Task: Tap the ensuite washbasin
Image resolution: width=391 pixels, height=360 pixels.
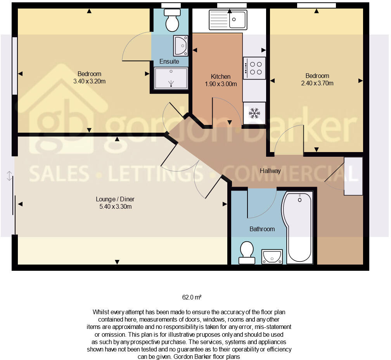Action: pyautogui.click(x=180, y=46)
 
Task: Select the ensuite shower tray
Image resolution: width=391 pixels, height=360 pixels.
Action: pyautogui.click(x=171, y=78)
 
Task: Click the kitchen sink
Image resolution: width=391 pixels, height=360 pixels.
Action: pyautogui.click(x=228, y=19)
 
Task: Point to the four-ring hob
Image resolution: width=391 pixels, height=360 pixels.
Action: pyautogui.click(x=254, y=68)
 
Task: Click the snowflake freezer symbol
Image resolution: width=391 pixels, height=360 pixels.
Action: pyautogui.click(x=254, y=113)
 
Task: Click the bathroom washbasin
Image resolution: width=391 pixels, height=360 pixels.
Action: pyautogui.click(x=272, y=256)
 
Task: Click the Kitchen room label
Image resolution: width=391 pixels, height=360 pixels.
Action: pyautogui.click(x=221, y=76)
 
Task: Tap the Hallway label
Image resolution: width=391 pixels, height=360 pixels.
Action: pyautogui.click(x=270, y=171)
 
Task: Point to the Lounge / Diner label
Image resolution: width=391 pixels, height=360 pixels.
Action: pyautogui.click(x=115, y=199)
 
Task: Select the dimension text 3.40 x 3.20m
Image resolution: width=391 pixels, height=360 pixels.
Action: pyautogui.click(x=90, y=81)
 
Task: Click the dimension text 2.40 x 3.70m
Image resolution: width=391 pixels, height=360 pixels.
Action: pyautogui.click(x=317, y=83)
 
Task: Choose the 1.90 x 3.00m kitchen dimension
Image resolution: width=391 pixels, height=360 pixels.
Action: pyautogui.click(x=221, y=84)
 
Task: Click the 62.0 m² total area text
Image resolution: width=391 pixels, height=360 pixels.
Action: pyautogui.click(x=192, y=298)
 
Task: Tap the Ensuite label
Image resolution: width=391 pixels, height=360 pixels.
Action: pyautogui.click(x=170, y=61)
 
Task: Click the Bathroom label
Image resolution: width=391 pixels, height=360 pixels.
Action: pyautogui.click(x=262, y=229)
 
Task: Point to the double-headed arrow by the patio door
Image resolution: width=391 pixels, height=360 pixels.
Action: pyautogui.click(x=9, y=176)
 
